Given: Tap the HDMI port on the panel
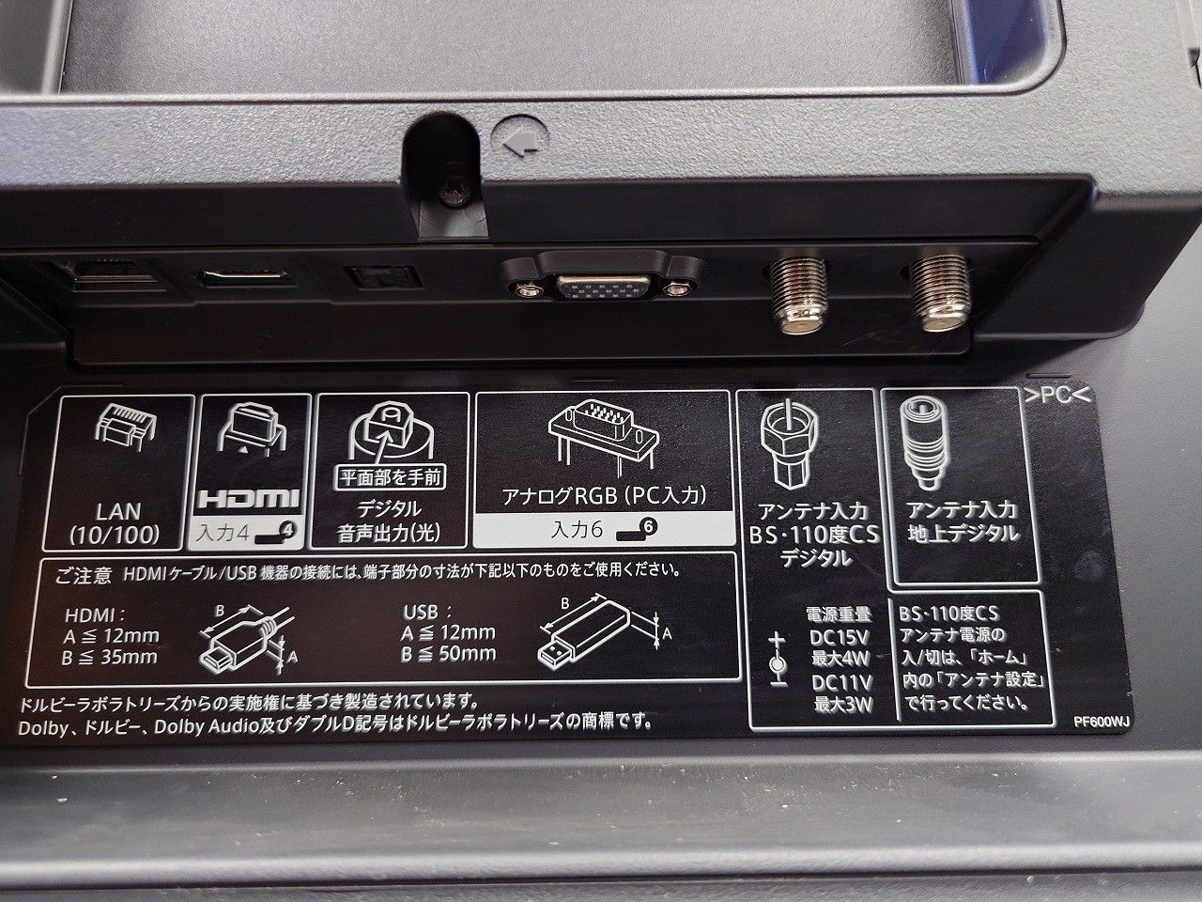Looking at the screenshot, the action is point(245,278).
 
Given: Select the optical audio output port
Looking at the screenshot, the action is point(382,277).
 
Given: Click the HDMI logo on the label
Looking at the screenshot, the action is point(249,499).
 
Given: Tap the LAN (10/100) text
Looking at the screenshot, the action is point(117,523).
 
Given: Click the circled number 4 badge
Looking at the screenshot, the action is point(288,529).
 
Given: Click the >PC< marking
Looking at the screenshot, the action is point(1057,396).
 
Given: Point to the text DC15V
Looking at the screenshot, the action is point(838,637).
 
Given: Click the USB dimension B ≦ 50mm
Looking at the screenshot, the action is point(448,654).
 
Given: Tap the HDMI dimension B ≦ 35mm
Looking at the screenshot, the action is point(110,657).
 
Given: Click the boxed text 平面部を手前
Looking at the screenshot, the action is point(391,477).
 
